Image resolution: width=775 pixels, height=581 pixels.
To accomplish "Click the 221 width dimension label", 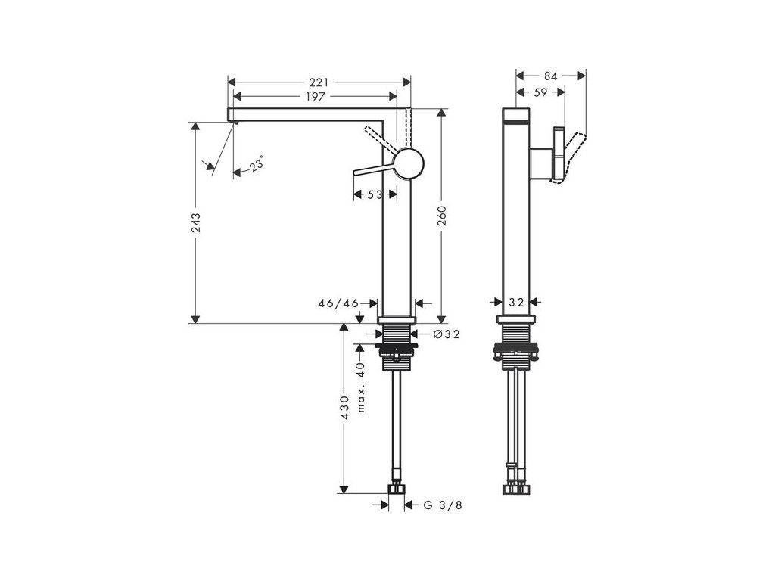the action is click(319, 82).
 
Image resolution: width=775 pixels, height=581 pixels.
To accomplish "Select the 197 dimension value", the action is click(316, 96).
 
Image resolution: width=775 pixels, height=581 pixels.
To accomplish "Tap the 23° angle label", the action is click(257, 163).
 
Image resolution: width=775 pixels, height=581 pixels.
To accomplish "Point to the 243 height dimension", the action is click(196, 223).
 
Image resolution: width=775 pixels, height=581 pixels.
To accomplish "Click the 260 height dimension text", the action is click(441, 216).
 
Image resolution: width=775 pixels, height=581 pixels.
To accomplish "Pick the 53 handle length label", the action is click(375, 194).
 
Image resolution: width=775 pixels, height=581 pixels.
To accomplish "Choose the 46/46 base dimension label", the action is click(338, 303).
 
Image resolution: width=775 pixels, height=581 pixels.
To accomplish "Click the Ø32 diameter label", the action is click(447, 334).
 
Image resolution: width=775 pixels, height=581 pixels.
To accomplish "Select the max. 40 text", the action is click(360, 387).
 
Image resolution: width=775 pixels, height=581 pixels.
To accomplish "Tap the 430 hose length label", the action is click(344, 407).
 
